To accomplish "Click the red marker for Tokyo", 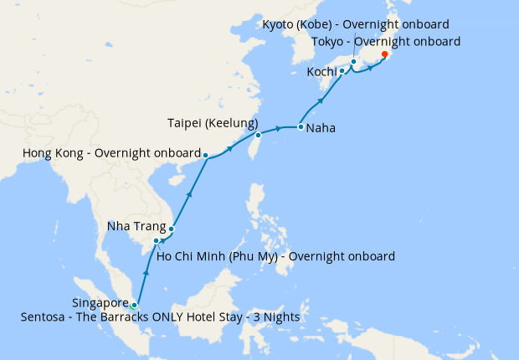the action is tap(384, 54).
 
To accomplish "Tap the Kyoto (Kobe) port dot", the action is tap(354, 61).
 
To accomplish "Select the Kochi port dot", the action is tap(342, 71).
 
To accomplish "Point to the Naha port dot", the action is tap(301, 127).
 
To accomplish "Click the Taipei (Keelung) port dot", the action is tap(259, 135).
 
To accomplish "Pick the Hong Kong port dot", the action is tap(206, 155).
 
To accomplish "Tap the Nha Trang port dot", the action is tap(171, 229).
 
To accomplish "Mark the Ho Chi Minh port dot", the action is tap(157, 241).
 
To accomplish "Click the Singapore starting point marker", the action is tap(134, 305).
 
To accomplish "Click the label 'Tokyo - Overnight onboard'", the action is tap(386, 41).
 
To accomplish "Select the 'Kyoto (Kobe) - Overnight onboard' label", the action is tap(356, 24).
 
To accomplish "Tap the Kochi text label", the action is tap(322, 73).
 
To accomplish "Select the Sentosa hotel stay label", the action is tap(161, 318).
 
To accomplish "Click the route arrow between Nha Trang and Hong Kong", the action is tap(189, 193).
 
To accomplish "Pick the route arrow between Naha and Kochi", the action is tap(321, 102).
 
